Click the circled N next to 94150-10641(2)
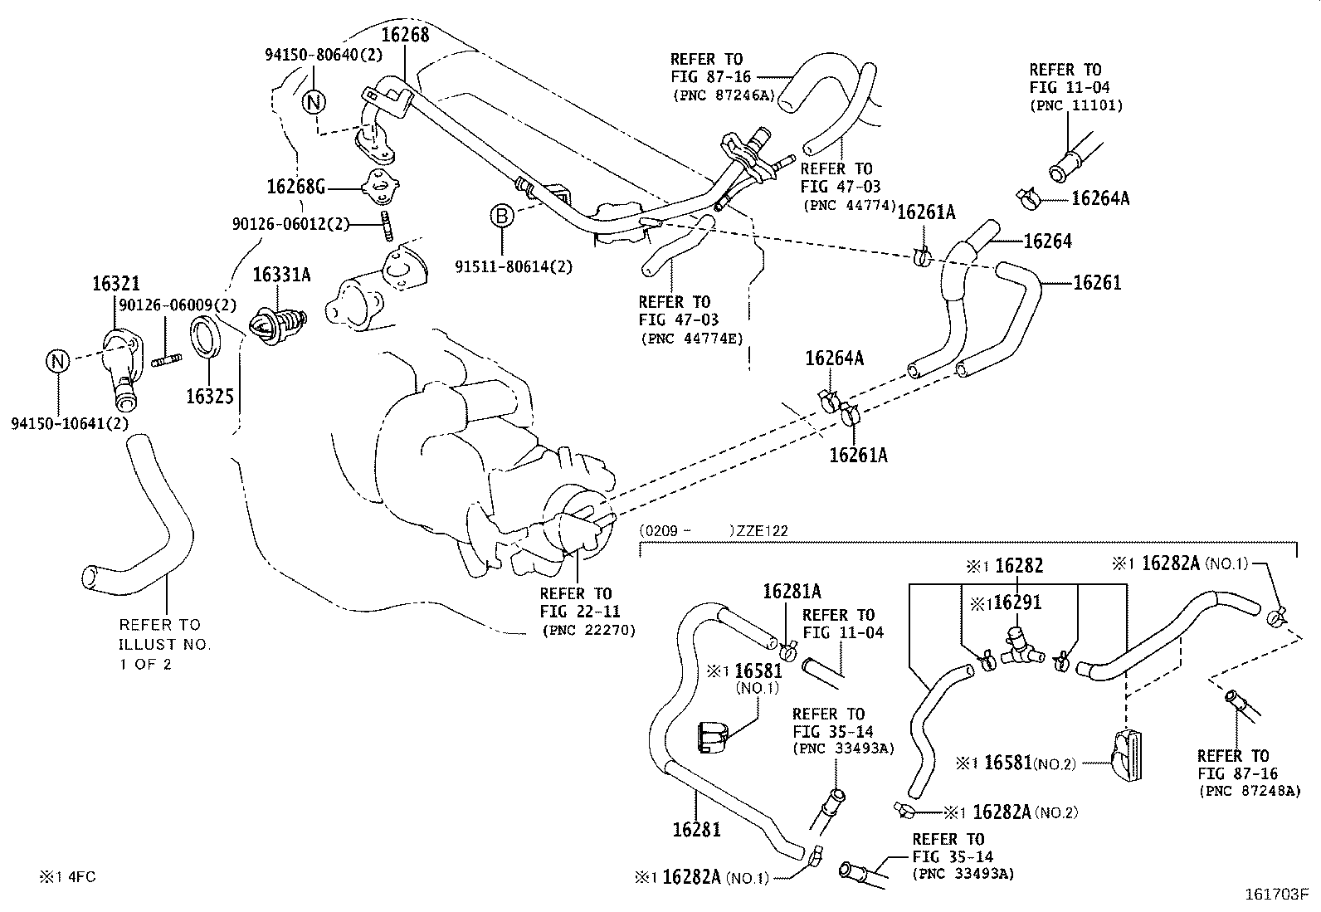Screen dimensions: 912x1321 coord(56,362)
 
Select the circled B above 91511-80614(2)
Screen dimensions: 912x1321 coord(502,217)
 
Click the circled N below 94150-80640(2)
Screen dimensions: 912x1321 coord(314,102)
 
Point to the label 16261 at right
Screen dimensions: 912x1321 coord(1097,283)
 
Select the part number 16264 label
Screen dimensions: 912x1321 coord(1047,241)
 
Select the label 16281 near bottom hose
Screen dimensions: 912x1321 coord(696,829)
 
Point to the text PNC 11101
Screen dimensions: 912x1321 coord(1076,105)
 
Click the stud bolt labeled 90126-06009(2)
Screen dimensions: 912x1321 coord(167,360)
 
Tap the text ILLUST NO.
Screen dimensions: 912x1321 coord(165,644)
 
